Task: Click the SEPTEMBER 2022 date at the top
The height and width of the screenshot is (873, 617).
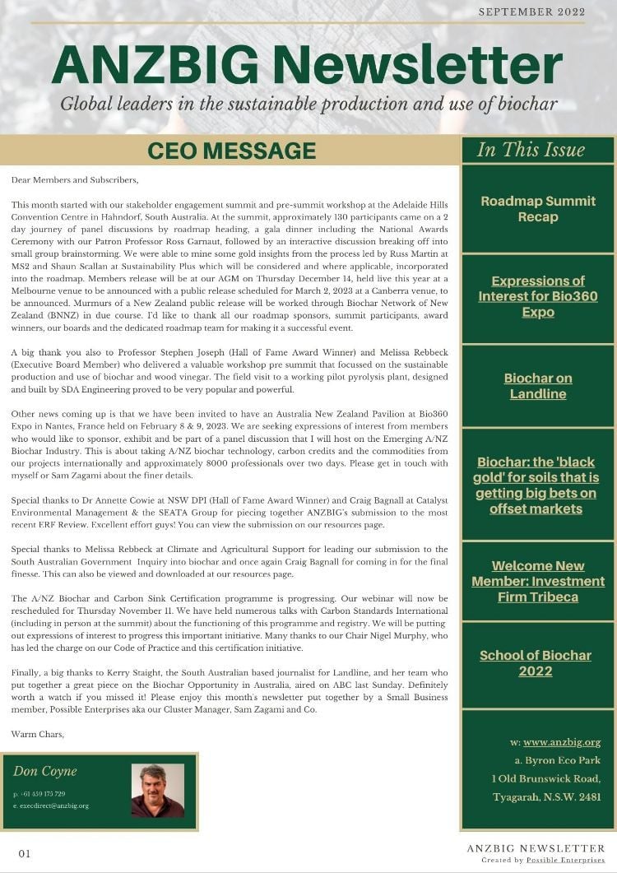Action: coord(531,12)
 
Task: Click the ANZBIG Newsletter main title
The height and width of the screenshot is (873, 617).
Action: coord(307,65)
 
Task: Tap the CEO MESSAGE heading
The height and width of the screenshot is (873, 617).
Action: coord(231,151)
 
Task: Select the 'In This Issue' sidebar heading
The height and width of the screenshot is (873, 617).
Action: coord(531,150)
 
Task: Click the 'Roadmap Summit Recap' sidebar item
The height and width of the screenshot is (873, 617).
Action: coord(538,209)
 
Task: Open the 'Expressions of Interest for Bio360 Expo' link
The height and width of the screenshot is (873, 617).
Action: coord(538,296)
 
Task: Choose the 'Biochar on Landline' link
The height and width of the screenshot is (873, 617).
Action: coord(538,386)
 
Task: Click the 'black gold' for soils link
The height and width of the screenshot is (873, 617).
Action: coord(536,485)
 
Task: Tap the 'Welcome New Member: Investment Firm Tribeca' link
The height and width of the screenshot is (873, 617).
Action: coord(538,581)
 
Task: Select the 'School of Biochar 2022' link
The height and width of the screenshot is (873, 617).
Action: coord(536,663)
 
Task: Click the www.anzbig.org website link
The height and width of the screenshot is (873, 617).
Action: coord(562,742)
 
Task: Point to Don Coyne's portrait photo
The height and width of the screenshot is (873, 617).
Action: coord(157,790)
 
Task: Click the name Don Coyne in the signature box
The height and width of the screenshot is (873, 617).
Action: coord(45,771)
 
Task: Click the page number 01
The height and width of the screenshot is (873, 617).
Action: coord(25,853)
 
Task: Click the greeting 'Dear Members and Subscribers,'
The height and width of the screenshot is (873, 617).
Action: coord(75,179)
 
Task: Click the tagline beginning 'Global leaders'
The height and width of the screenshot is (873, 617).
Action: coord(308,104)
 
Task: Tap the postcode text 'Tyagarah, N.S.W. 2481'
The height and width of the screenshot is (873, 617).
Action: coord(546,797)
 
